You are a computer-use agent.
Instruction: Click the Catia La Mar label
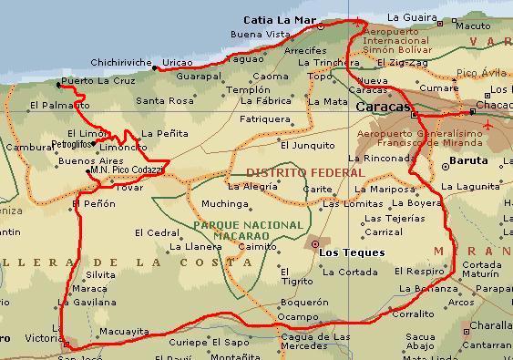point(278,18)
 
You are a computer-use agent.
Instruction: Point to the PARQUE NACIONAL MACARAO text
point(248,231)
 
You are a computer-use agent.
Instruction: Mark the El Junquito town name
point(306,145)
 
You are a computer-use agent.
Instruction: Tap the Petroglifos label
point(70,145)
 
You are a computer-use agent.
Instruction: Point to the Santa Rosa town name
point(165,100)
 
